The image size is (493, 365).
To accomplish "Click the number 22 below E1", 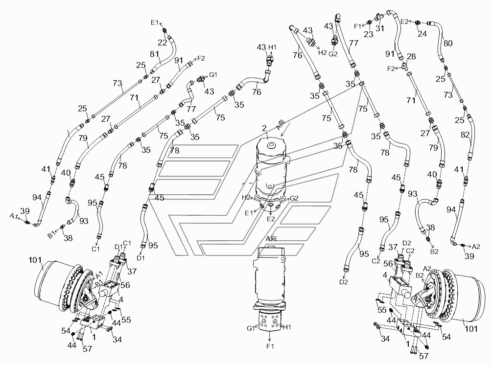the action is tap(162, 42).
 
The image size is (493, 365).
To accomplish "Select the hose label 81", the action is tap(155, 54).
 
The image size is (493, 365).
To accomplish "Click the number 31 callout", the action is tap(380, 28).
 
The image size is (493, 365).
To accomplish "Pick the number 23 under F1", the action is tap(369, 34).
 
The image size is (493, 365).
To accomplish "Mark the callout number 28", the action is tap(411, 57).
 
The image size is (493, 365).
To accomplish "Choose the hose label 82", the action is tap(465, 135).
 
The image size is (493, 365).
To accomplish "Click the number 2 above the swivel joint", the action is tap(264, 128).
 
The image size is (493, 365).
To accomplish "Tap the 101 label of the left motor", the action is tap(35, 260).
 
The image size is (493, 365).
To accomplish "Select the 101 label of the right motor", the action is tap(471, 329).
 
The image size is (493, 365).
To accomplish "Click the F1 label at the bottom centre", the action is tap(270, 346).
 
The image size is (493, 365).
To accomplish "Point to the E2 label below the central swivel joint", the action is tap(271, 218).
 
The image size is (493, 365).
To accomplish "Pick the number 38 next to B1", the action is tap(68, 238).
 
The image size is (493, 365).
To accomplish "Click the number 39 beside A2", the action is tap(469, 256).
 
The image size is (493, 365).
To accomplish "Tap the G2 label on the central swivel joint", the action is tap(294, 198).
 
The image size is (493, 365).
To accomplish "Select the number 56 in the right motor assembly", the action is tap(388, 264).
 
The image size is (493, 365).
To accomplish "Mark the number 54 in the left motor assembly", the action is tap(66, 330).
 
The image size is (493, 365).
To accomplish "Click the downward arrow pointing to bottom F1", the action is tap(270, 336).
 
